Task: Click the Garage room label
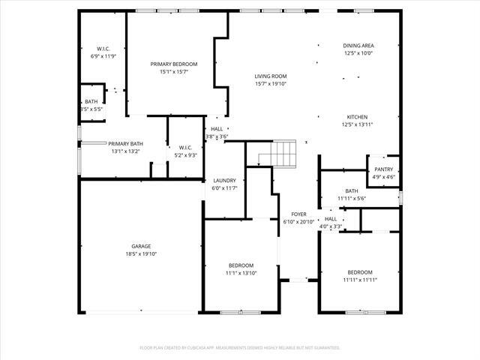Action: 141,246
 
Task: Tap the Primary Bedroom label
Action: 174,64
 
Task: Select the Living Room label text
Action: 271,76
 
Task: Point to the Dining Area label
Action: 358,46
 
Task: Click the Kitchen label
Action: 357,117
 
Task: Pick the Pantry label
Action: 383,169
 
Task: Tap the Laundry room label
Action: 224,180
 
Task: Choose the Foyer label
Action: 299,214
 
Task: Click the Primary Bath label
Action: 125,143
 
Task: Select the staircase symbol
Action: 278,154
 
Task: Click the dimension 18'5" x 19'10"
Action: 141,254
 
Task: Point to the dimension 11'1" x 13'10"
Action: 241,273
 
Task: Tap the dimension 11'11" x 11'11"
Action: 359,280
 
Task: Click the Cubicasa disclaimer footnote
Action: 240,348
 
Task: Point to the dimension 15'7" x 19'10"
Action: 271,84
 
